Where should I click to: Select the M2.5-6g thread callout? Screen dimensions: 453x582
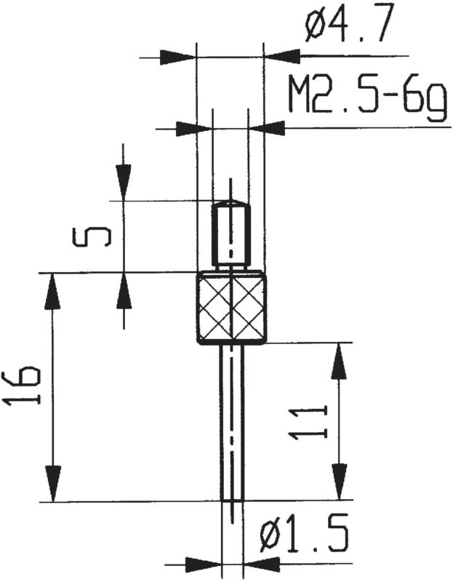pyautogui.click(x=366, y=97)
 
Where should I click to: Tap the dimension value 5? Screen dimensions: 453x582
pyautogui.click(x=92, y=237)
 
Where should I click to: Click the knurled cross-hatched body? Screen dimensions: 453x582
pyautogui.click(x=231, y=307)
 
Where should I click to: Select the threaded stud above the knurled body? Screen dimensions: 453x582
pyautogui.click(x=230, y=236)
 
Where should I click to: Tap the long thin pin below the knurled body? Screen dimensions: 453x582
pyautogui.click(x=232, y=422)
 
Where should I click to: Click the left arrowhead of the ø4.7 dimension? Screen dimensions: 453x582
pyautogui.click(x=177, y=57)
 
